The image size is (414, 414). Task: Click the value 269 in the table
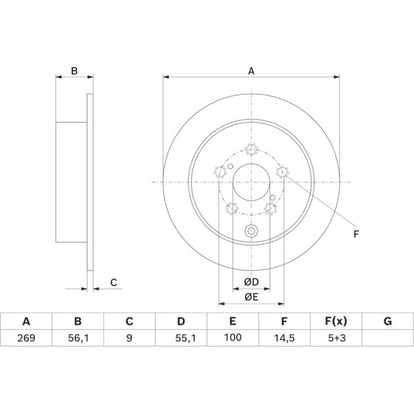(26, 338)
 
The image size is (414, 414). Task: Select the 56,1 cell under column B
(78, 338)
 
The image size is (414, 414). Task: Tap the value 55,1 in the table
(185, 338)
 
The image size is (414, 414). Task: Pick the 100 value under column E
(233, 337)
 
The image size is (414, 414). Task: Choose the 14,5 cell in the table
(284, 338)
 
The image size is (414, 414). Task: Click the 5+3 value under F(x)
(337, 338)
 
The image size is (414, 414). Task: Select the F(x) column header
(336, 322)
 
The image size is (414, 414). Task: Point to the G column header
(388, 322)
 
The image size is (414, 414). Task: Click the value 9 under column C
(129, 338)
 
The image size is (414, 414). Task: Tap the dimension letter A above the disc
(252, 71)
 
